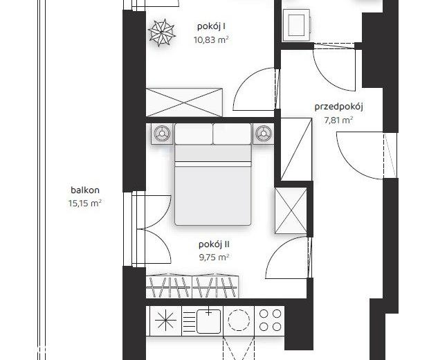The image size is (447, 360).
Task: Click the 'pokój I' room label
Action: pyautogui.click(x=212, y=26)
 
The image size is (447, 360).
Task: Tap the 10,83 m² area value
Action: pyautogui.click(x=211, y=39)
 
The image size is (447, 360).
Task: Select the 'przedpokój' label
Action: pyautogui.click(x=338, y=107)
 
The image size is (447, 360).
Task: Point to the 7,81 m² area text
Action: pyautogui.click(x=338, y=120)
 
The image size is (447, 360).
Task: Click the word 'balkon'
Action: pyautogui.click(x=85, y=190)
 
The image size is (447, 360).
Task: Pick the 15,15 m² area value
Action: pyautogui.click(x=85, y=203)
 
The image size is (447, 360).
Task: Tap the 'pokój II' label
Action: pyautogui.click(x=214, y=244)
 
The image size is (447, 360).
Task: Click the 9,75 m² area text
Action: pyautogui.click(x=214, y=258)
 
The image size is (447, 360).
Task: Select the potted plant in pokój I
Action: pyautogui.click(x=162, y=33)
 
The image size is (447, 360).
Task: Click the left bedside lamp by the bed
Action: pyautogui.click(x=162, y=134)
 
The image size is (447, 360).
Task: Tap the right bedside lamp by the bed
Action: pyautogui.click(x=264, y=134)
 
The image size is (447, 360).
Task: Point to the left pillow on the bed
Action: pyautogui.click(x=194, y=134)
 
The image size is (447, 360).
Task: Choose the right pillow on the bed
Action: pyautogui.click(x=232, y=134)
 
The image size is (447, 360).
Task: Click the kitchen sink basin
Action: pyautogui.click(x=209, y=321)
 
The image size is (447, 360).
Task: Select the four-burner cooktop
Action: pyautogui.click(x=270, y=321)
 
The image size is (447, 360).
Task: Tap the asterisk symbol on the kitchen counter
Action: pyautogui.click(x=165, y=321)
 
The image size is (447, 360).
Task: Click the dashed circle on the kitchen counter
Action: pyautogui.click(x=239, y=321)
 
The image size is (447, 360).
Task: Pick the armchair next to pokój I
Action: pyautogui.click(x=296, y=25)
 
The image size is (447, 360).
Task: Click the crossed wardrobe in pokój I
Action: pyautogui.click(x=184, y=102)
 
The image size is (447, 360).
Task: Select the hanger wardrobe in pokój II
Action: pyautogui.click(x=192, y=287)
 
